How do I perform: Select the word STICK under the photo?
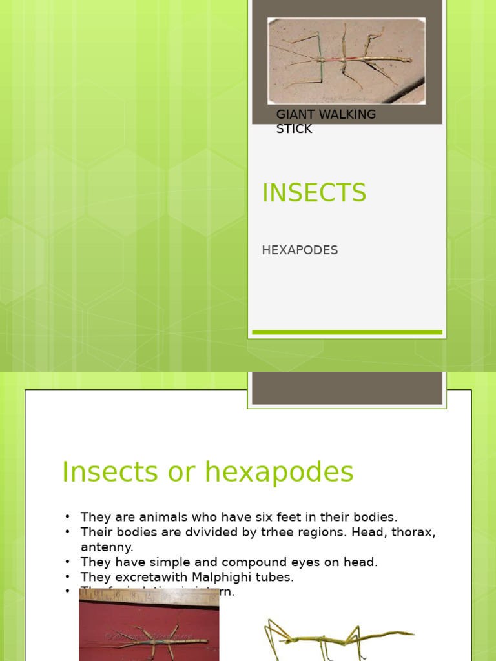(x=294, y=128)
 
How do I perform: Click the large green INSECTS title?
(x=314, y=193)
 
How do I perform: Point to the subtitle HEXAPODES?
(x=300, y=250)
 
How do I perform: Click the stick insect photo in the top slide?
(x=346, y=61)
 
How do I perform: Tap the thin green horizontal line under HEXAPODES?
(x=347, y=332)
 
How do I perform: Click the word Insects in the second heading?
(x=108, y=472)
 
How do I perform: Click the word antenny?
(x=107, y=547)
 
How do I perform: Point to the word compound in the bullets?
(x=247, y=562)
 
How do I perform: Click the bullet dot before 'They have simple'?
(x=67, y=562)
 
